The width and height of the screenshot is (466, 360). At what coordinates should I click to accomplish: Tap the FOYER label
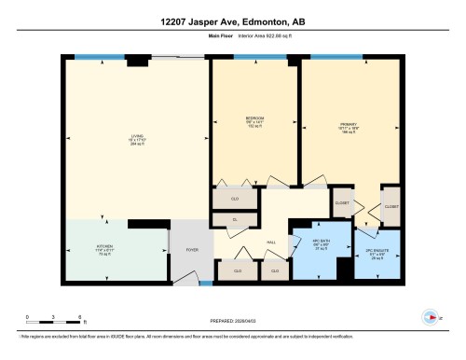[x=192, y=250]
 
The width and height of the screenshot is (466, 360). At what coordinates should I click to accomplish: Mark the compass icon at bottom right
[x=430, y=315]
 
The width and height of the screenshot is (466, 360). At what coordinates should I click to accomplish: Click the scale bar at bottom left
[x=54, y=320]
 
